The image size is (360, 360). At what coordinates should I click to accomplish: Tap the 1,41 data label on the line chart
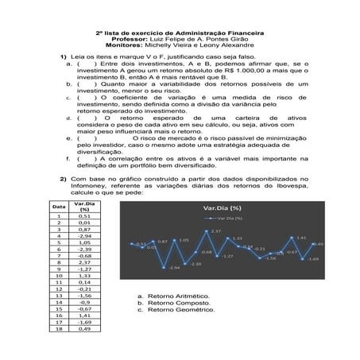point(301,238)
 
